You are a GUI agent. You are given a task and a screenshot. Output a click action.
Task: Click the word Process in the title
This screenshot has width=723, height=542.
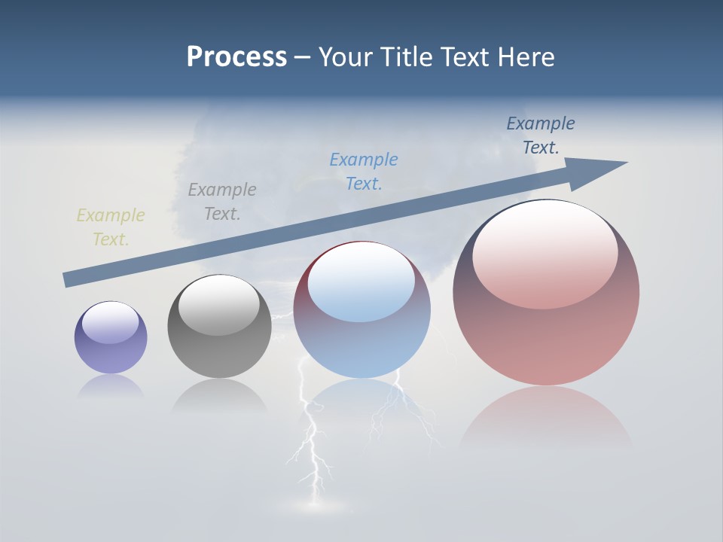click(236, 57)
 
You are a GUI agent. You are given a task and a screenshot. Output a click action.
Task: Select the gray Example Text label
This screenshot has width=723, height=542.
click(222, 202)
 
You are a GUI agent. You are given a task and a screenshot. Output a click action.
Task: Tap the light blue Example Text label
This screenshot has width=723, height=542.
click(364, 171)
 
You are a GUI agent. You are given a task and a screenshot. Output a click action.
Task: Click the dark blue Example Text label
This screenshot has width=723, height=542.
click(541, 135)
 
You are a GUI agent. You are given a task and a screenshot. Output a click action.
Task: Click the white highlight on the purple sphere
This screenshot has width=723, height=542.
click(110, 322)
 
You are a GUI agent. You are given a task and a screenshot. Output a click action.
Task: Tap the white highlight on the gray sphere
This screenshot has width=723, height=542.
click(219, 304)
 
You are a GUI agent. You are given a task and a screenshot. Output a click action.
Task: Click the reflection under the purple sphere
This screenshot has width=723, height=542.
click(111, 386)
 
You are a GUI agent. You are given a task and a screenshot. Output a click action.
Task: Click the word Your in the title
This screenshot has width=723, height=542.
click(347, 57)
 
